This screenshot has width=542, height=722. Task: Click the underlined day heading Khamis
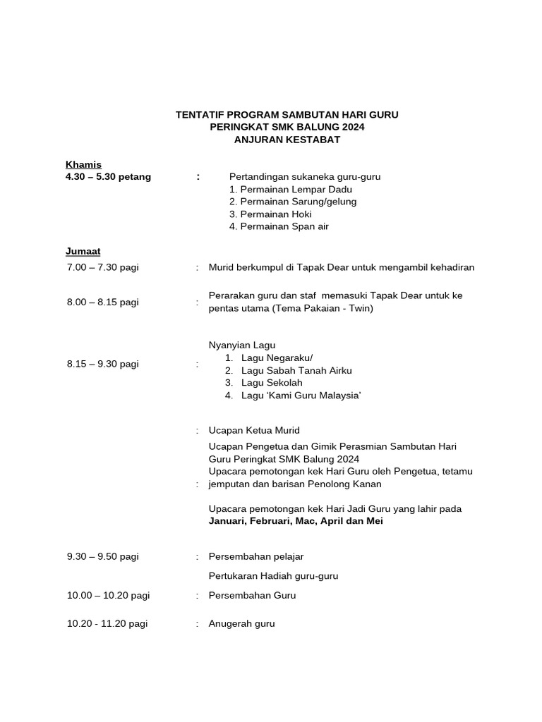[x=83, y=164]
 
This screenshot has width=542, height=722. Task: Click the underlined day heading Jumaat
[x=83, y=251]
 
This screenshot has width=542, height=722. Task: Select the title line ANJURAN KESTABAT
[x=287, y=140]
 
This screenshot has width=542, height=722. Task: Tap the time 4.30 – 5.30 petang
[x=108, y=177]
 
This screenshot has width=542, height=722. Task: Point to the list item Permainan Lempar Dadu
[x=291, y=189]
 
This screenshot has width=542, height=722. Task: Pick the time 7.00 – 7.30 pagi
[x=103, y=267]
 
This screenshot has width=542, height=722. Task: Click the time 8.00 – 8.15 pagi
[x=103, y=302]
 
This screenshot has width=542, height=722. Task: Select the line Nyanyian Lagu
[x=242, y=345]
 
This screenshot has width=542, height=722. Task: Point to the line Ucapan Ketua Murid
[x=254, y=430]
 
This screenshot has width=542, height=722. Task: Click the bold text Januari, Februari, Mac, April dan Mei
[x=296, y=522]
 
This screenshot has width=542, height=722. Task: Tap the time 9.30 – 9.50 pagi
[x=103, y=556]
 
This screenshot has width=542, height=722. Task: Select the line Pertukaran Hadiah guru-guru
[x=273, y=576]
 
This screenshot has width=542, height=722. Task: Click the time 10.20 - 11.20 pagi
[x=107, y=623]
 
